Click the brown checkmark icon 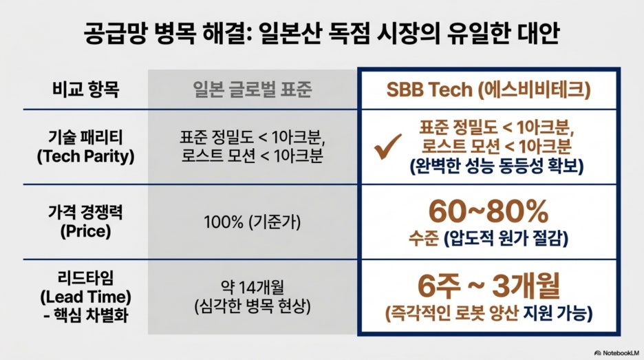point(388,147)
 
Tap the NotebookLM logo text point(617,352)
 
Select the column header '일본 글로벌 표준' point(253,89)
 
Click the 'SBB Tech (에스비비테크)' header point(489,89)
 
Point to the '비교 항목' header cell point(85,89)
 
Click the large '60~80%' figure point(489,211)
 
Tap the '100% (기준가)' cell point(253,222)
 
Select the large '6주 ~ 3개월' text point(489,286)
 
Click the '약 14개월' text point(253,287)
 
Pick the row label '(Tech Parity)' point(85,156)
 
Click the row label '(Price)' point(85,231)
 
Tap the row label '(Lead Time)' point(85,297)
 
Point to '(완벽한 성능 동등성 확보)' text point(497,166)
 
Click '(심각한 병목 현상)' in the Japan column point(253,306)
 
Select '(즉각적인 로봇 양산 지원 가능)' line point(489,314)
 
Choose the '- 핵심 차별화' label point(85,316)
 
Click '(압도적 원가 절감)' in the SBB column point(506,238)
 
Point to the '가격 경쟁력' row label point(85,212)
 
